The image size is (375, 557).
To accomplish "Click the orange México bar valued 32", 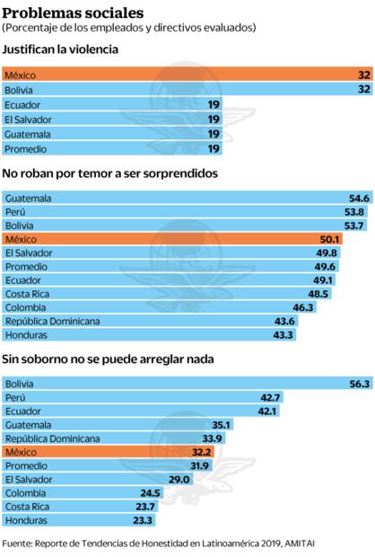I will pyautogui.click(x=187, y=75).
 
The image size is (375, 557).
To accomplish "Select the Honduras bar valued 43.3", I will pyautogui.click(x=149, y=334).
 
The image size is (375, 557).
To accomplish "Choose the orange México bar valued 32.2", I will pyautogui.click(x=109, y=452).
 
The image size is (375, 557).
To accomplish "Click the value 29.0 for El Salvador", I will pyautogui.click(x=178, y=479).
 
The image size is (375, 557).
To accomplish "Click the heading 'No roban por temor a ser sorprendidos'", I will pyautogui.click(x=111, y=173).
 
